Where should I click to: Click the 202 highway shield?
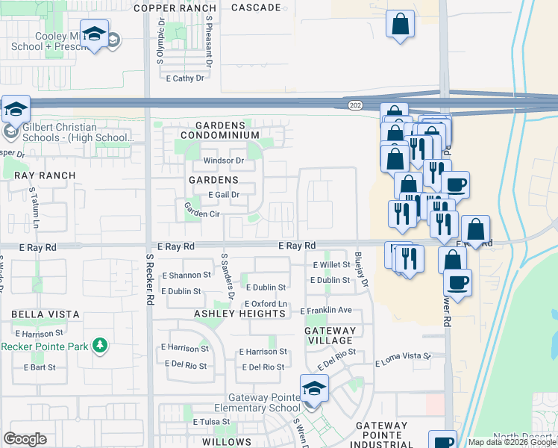click(x=354, y=106)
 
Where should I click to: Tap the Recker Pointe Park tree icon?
click(x=99, y=346)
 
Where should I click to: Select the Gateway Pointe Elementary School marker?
click(x=313, y=389)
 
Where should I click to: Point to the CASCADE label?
click(x=256, y=8)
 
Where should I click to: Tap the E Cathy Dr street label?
click(x=185, y=78)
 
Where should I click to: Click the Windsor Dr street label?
click(x=224, y=161)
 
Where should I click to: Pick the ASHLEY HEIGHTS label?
click(x=240, y=314)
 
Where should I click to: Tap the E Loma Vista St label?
click(x=404, y=359)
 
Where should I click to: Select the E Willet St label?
click(x=331, y=265)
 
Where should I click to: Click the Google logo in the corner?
click(x=25, y=439)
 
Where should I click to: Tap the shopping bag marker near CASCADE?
click(x=400, y=24)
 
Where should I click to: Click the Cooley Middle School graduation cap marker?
click(x=95, y=36)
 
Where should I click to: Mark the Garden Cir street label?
click(x=201, y=214)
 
